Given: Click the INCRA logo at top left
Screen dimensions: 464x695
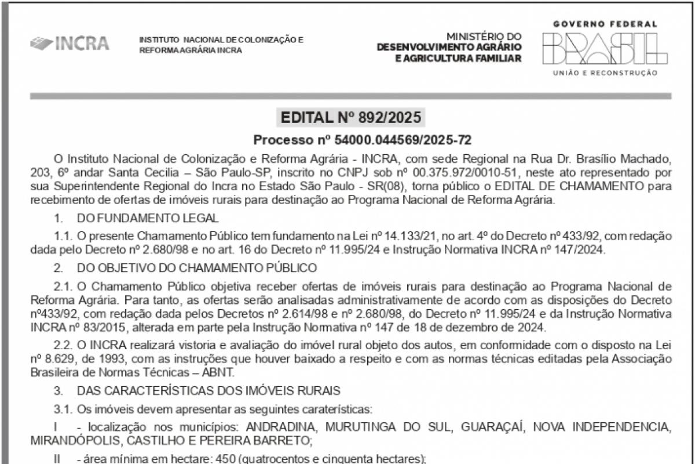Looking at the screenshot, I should click(69, 43).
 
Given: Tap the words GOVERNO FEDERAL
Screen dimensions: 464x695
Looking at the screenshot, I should click(605, 24).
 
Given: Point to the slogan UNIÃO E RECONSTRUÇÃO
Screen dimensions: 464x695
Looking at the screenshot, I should click(605, 73).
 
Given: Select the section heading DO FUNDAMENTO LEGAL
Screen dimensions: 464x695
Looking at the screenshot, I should click(148, 218).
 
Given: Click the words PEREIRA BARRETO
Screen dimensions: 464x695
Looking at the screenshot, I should click(268, 441).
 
